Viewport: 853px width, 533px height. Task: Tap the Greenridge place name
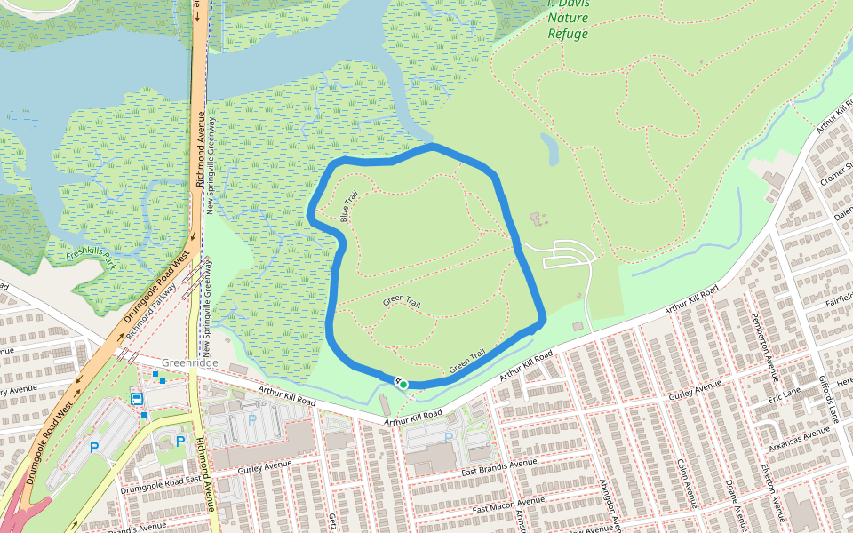tap(191, 363)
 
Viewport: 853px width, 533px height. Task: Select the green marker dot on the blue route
tap(403, 384)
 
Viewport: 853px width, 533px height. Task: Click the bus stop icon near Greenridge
tap(138, 398)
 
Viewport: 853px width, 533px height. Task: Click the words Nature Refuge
tap(568, 25)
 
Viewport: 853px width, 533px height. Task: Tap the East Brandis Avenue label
tap(498, 464)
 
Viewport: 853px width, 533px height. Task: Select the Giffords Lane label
tap(833, 391)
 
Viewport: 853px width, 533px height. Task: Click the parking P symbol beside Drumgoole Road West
tap(93, 448)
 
